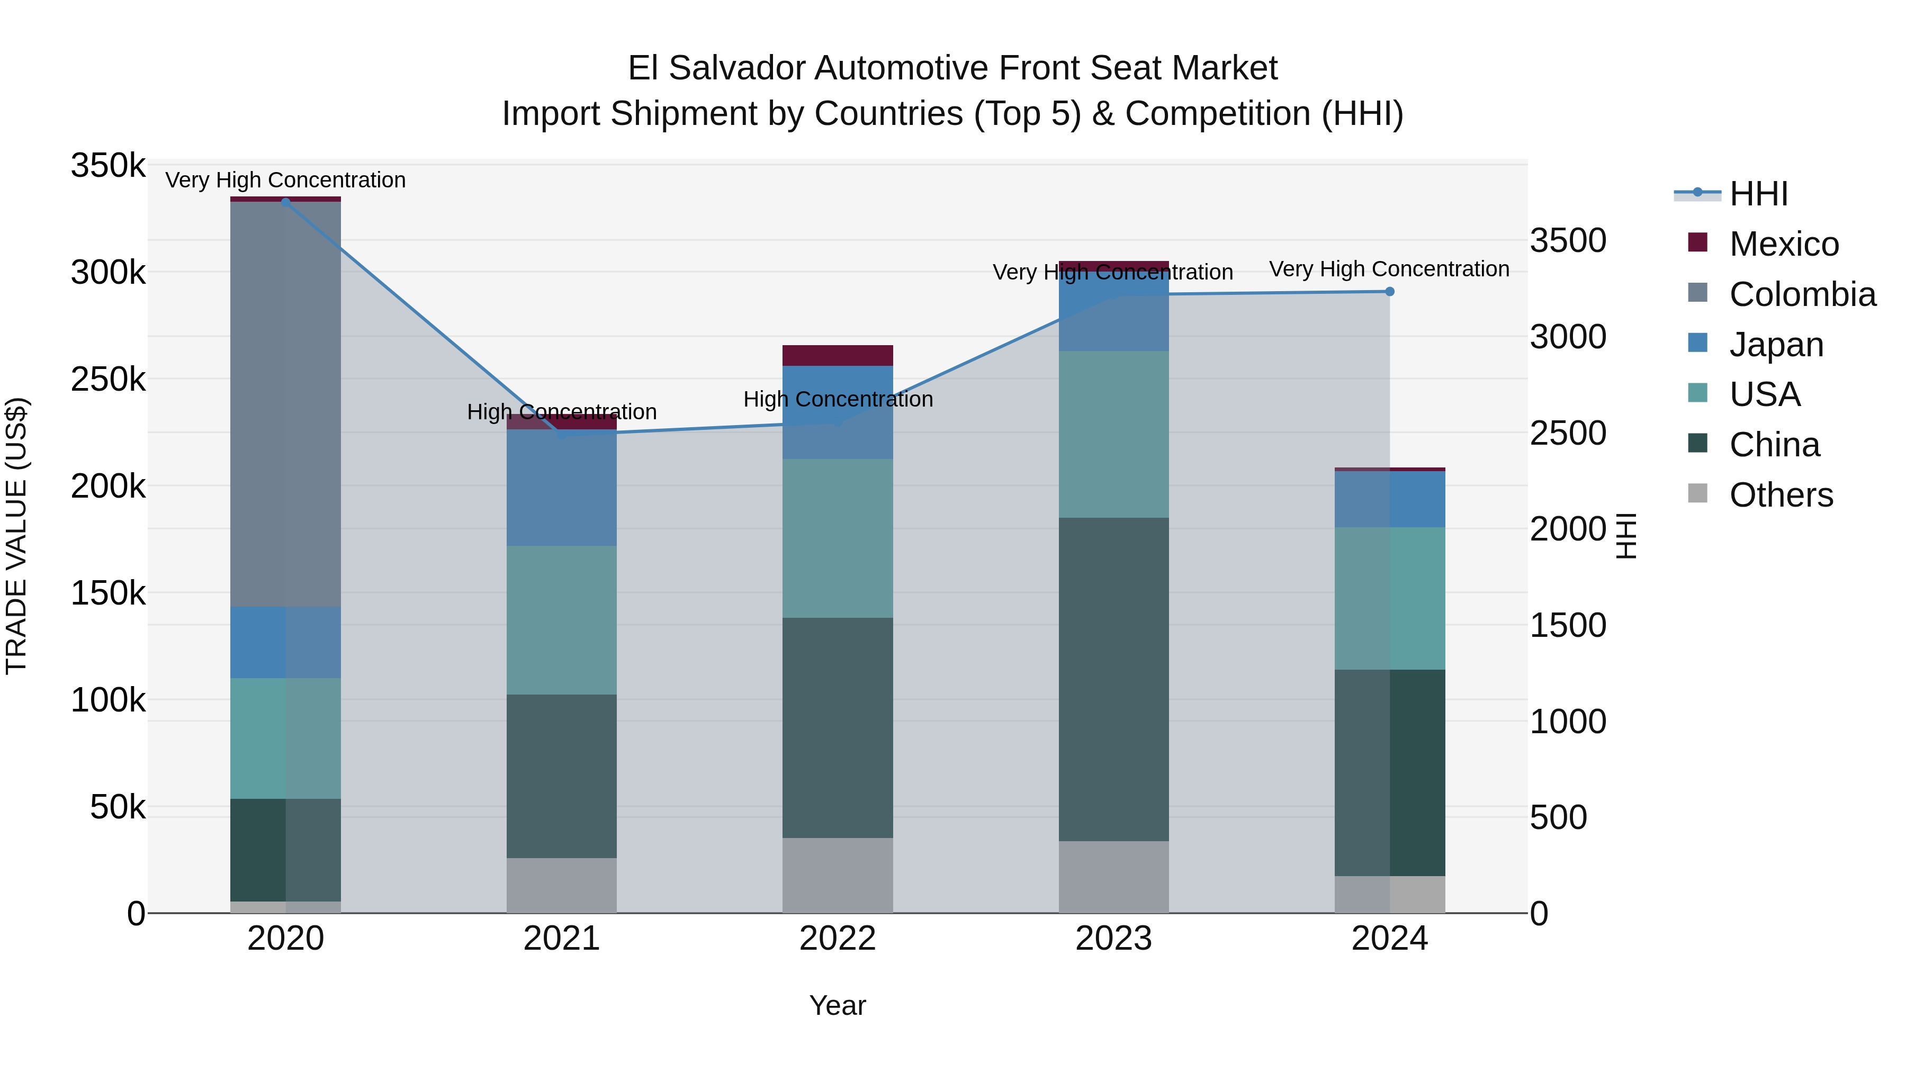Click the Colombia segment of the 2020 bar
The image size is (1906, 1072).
point(285,403)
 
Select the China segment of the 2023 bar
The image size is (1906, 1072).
point(1113,679)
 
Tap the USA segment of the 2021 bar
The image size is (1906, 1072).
point(562,619)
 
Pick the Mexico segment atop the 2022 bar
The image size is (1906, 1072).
point(838,355)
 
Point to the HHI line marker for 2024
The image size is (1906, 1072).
point(1390,292)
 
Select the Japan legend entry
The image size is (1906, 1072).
point(1776,345)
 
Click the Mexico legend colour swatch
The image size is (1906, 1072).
point(1698,242)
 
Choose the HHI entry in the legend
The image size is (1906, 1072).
point(1758,194)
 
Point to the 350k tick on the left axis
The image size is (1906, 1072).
point(108,166)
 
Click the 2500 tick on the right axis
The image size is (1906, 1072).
point(1568,434)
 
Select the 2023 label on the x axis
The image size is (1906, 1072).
point(1113,939)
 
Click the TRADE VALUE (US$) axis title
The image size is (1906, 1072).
point(16,536)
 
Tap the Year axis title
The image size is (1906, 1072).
point(838,1005)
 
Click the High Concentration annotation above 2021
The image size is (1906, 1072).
point(562,411)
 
